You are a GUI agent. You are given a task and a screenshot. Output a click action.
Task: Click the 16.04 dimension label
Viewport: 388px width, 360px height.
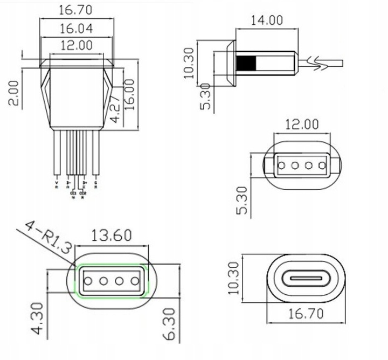75,27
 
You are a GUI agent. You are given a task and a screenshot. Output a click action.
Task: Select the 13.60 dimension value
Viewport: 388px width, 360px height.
111,236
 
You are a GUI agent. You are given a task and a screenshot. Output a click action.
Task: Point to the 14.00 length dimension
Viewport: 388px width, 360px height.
266,20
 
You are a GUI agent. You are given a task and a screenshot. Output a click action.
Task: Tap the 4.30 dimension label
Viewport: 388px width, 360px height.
37,318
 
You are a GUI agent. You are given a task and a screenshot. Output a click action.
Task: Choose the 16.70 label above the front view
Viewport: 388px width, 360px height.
75,10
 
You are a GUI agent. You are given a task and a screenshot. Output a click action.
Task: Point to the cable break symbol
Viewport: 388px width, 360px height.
318,62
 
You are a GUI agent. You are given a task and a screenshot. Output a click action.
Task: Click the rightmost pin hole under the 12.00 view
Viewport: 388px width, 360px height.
322,164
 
